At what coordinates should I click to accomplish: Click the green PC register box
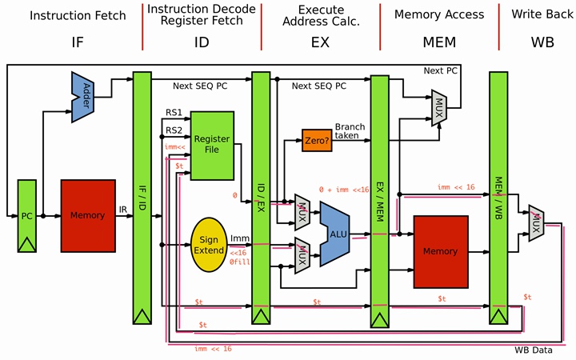point(28,216)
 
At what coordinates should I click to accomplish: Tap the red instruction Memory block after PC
point(88,215)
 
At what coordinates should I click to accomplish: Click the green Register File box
point(212,144)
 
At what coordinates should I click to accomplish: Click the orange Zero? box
point(316,141)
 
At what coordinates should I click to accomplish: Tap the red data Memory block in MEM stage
point(440,250)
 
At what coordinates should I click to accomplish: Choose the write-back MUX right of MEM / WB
point(536,221)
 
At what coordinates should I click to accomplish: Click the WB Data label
point(534,350)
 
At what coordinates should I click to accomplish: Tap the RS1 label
point(174,113)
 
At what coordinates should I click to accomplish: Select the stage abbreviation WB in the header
point(542,42)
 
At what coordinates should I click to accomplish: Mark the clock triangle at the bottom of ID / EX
point(260,317)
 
